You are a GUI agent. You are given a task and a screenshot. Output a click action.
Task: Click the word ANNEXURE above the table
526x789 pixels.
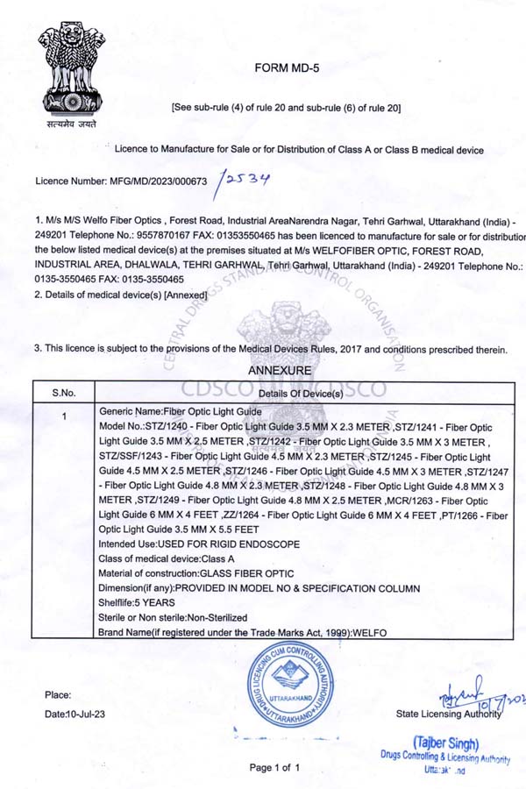tap(279, 371)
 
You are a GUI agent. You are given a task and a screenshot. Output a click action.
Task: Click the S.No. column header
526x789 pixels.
tap(63, 392)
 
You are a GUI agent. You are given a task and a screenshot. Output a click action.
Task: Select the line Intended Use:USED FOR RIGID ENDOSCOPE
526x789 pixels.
tap(199, 544)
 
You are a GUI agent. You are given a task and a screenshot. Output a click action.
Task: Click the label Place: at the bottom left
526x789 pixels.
tap(58, 695)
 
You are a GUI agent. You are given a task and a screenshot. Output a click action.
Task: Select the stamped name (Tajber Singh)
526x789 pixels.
tap(445, 743)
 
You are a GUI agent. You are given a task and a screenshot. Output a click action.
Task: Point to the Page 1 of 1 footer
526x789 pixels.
tap(274, 768)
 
